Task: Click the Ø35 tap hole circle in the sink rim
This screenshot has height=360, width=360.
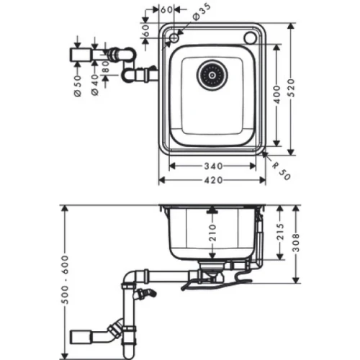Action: tap(175, 36)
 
